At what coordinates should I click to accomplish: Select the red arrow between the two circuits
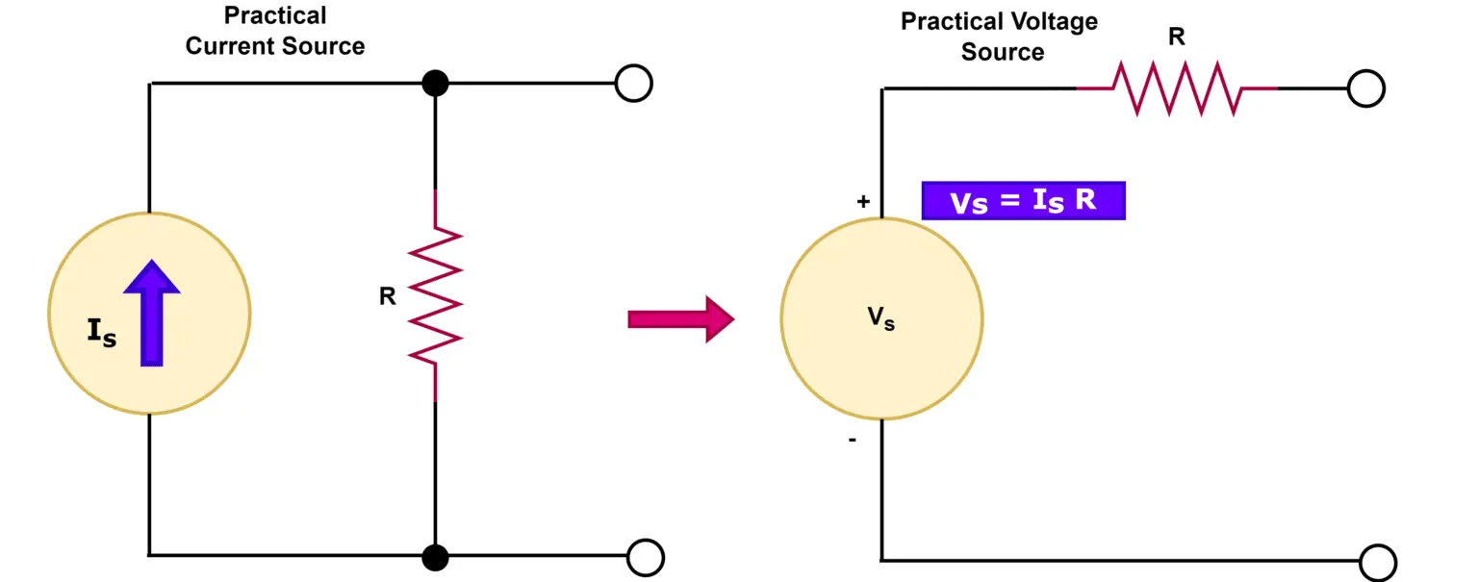pyautogui.click(x=680, y=318)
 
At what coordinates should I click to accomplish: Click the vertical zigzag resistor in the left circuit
pyautogui.click(x=435, y=296)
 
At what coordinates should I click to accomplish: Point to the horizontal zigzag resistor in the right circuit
pyautogui.click(x=1176, y=89)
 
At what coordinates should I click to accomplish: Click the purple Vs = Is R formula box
pyautogui.click(x=1023, y=202)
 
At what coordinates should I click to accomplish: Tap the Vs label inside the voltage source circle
pyautogui.click(x=881, y=320)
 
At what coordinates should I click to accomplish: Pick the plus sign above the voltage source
pyautogui.click(x=862, y=202)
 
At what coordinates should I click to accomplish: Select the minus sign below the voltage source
pyautogui.click(x=854, y=440)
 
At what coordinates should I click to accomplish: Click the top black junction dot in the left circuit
pyautogui.click(x=435, y=84)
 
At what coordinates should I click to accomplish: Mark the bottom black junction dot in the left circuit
pyautogui.click(x=435, y=556)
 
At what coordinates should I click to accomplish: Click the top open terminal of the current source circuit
pyautogui.click(x=633, y=84)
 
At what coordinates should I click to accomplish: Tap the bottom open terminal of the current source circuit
pyautogui.click(x=645, y=557)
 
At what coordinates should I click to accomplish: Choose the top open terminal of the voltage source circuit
pyautogui.click(x=1365, y=89)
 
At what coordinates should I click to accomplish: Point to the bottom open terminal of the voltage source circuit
pyautogui.click(x=1378, y=561)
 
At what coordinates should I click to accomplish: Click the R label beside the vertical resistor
pyautogui.click(x=388, y=296)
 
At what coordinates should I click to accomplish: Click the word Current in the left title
pyautogui.click(x=227, y=46)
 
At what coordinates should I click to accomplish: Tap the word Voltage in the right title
pyautogui.click(x=1051, y=21)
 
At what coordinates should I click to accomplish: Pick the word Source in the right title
pyautogui.click(x=1002, y=52)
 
